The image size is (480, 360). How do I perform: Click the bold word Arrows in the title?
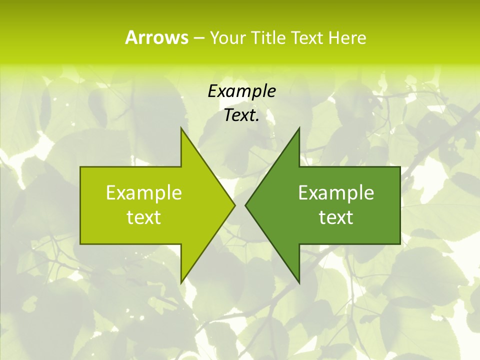[x=156, y=37]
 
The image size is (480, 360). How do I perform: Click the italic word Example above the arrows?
[x=241, y=91]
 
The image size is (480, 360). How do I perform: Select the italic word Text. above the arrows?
[x=241, y=115]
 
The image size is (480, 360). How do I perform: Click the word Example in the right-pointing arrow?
[x=143, y=192]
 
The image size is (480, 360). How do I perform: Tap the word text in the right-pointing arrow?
[x=143, y=217]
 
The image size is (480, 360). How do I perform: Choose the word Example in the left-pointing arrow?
[x=336, y=192]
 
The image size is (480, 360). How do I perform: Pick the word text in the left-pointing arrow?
[x=336, y=217]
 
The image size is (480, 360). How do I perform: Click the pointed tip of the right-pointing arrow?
[x=234, y=205]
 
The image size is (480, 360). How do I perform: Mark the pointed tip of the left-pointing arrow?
[x=245, y=205]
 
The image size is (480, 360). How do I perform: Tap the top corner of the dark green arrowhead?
[x=299, y=128]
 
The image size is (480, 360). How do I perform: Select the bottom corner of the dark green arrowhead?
[x=299, y=282]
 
